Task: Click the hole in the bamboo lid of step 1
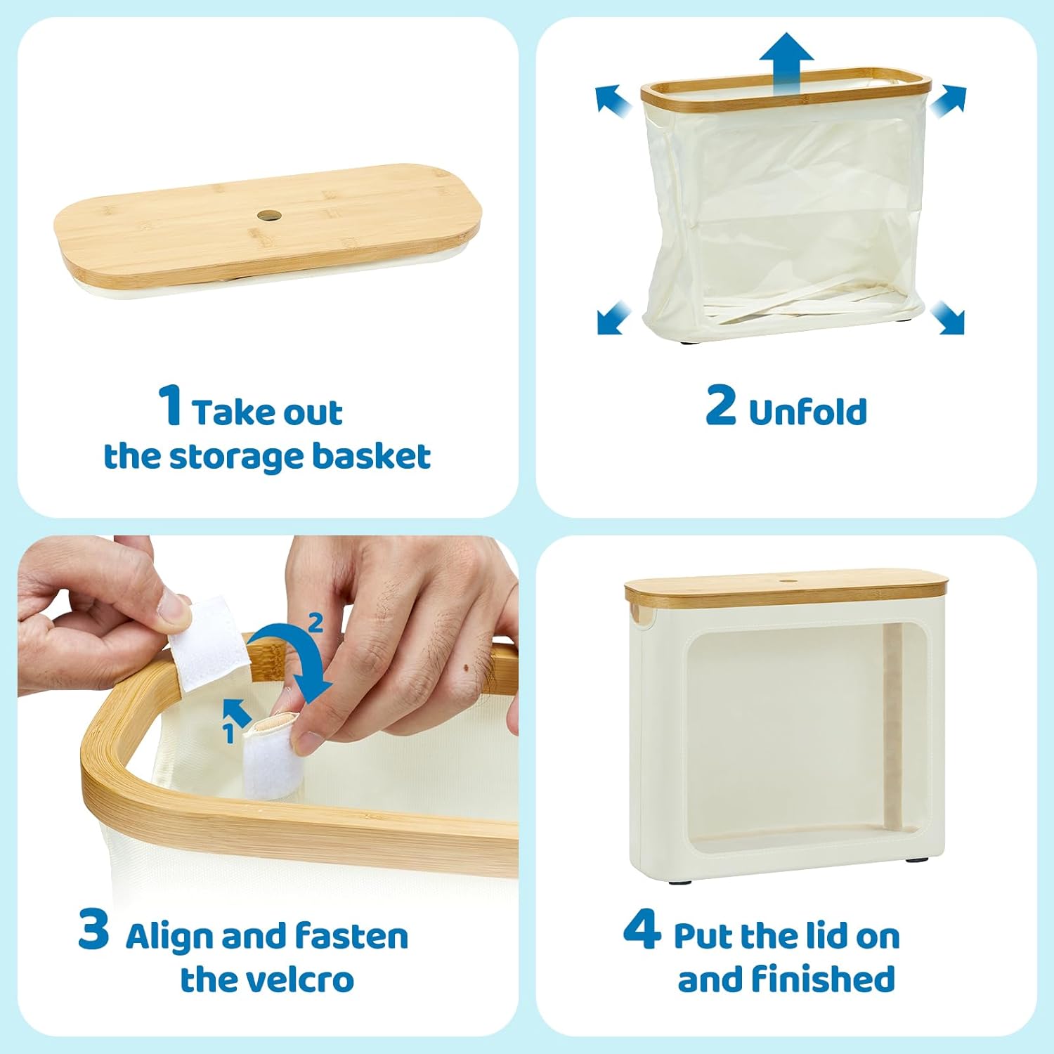(x=268, y=215)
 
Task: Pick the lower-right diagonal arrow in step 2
(x=948, y=318)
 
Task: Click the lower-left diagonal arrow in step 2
(x=613, y=318)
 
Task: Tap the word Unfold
(x=808, y=412)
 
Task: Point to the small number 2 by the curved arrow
(x=315, y=623)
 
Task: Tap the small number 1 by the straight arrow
(x=228, y=733)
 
